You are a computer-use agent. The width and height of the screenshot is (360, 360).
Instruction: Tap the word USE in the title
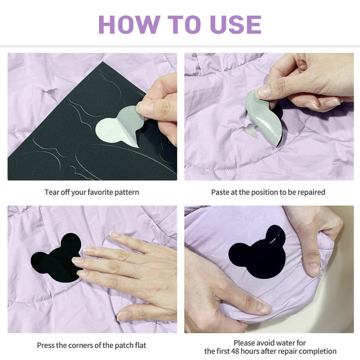(236, 24)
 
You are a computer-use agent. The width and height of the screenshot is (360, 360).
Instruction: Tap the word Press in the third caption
(44, 345)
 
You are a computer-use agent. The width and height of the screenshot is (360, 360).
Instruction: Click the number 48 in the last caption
(235, 351)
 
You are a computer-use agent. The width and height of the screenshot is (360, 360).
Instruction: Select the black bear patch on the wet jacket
(257, 252)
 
